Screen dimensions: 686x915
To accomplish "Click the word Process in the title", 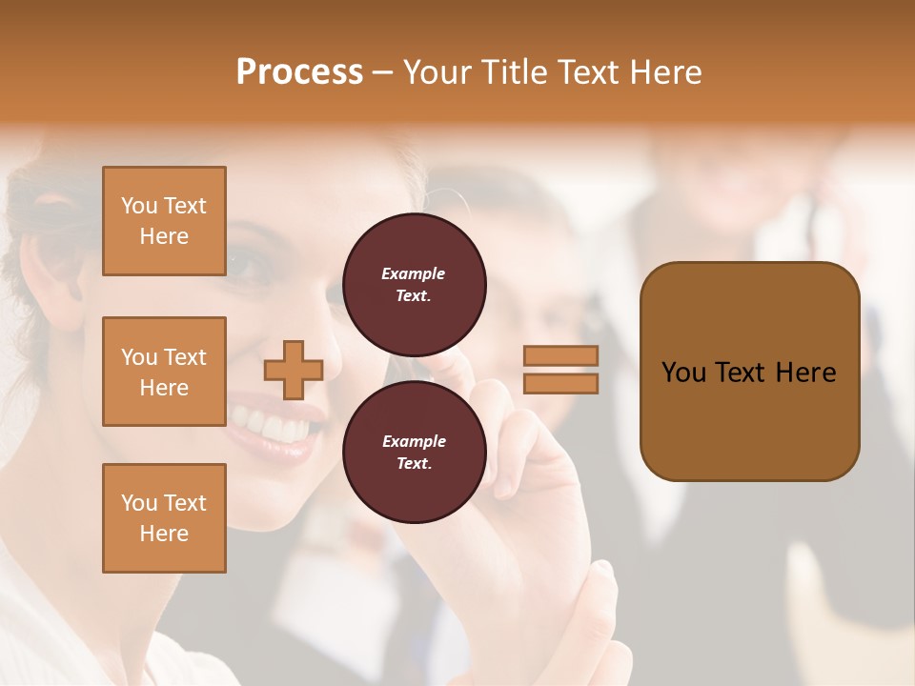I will (299, 72).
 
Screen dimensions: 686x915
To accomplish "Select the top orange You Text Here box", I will (164, 221).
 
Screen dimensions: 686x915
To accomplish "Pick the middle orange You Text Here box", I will (164, 372).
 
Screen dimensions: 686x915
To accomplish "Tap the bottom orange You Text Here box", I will (164, 518).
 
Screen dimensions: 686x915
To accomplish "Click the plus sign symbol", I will (294, 370).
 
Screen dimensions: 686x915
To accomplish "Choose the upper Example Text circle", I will (414, 284).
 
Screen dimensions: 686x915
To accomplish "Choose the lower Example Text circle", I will (414, 452).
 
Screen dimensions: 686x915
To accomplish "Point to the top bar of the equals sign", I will (560, 356).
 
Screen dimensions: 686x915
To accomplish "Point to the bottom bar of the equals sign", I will (560, 383).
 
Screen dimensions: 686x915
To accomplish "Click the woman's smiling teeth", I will (271, 424).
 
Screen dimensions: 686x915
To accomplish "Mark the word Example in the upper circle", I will (413, 273).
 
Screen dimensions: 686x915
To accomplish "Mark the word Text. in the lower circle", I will (413, 463).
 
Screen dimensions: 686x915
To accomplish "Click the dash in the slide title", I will (382, 72).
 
